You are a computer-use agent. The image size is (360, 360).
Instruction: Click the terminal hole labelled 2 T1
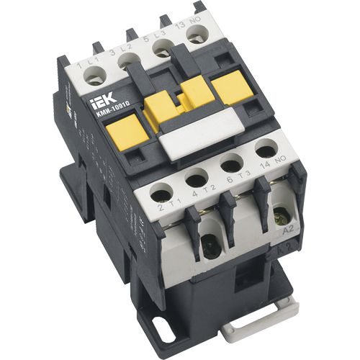(x=163, y=192)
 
